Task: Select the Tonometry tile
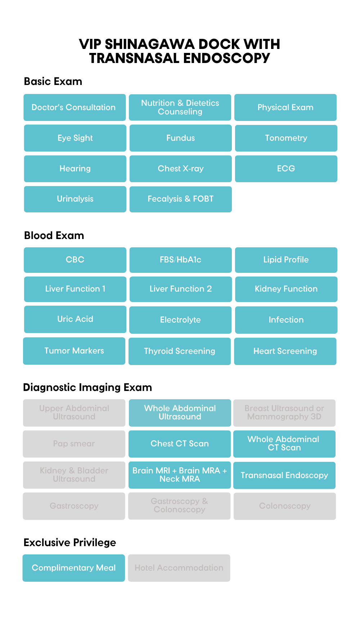click(x=286, y=138)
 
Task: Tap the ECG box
click(x=286, y=168)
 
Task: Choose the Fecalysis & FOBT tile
click(x=180, y=199)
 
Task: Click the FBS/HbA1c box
click(x=180, y=260)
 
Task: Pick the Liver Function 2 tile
click(x=180, y=289)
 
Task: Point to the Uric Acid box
click(x=75, y=319)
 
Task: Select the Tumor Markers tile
click(x=74, y=351)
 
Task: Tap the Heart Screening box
click(x=285, y=351)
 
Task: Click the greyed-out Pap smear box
click(x=74, y=444)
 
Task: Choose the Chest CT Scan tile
click(x=180, y=444)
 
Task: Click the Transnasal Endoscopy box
click(x=284, y=475)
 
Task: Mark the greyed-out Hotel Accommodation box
click(x=179, y=568)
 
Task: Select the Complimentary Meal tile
click(x=74, y=568)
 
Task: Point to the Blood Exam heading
click(x=54, y=235)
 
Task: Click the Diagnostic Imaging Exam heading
click(x=87, y=387)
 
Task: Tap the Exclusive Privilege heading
click(x=70, y=543)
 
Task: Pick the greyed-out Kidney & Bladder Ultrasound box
click(x=74, y=475)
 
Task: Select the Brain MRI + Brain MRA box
click(x=180, y=475)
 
